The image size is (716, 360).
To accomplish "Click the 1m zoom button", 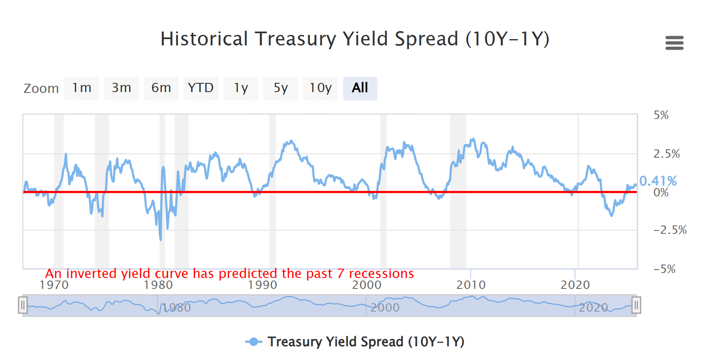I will pos(82,88).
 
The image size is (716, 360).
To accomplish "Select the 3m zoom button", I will pos(121,88).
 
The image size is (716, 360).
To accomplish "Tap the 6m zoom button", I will pos(161,88).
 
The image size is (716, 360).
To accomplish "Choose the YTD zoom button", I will pos(201,88).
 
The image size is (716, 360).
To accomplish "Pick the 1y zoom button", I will pos(240,88).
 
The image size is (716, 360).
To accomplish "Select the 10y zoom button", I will pos(320,88).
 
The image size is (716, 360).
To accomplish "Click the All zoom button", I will pos(360,88).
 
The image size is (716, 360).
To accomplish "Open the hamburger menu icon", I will pos(674,43).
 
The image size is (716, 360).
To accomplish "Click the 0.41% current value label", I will pos(658,181).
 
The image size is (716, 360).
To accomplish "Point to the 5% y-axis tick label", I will pos(661,115).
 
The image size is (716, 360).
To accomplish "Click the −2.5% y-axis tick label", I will pos(670,230).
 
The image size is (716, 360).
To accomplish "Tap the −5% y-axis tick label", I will pos(664,269).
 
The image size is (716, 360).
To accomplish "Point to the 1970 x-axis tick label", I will pos(54,285).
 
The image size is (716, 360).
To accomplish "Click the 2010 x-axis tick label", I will pos(471,285).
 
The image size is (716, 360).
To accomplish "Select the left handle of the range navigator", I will pos(23,305).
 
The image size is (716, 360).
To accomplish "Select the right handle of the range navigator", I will pos(636,305).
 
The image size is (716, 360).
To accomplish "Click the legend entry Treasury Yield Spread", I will pos(365,342).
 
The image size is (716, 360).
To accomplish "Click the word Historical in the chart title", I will pos(204,39).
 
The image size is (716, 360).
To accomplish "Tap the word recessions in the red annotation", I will pos(381,274).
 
